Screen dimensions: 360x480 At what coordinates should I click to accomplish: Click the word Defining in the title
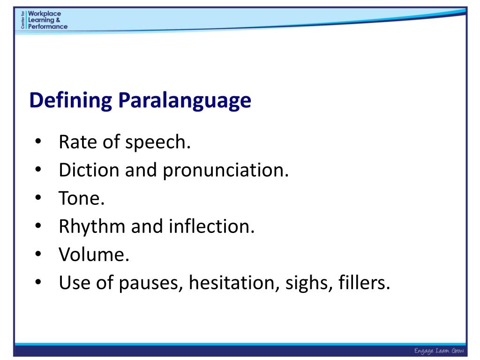click(x=71, y=101)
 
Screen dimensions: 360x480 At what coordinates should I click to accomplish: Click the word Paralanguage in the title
click(x=185, y=101)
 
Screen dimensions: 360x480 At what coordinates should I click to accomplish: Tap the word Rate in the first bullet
click(x=75, y=142)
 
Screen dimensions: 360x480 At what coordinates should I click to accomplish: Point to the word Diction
click(x=89, y=171)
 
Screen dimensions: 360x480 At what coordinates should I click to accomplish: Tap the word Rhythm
click(x=92, y=227)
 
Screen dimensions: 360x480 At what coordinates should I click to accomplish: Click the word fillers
click(x=363, y=283)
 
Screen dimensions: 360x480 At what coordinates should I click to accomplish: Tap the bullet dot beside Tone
click(x=38, y=199)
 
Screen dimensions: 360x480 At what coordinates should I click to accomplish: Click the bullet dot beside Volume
click(x=38, y=255)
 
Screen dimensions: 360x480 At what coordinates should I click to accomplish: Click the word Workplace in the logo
click(x=45, y=14)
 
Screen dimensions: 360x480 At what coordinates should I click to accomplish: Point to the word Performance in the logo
click(x=48, y=26)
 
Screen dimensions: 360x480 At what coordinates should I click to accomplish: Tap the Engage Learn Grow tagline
click(x=438, y=351)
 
